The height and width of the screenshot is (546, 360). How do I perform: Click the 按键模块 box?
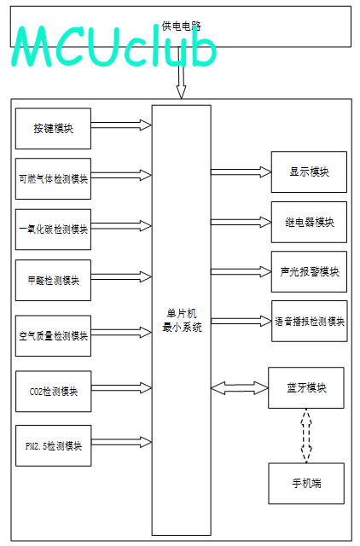click(53, 129)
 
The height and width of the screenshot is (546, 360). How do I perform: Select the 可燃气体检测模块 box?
click(53, 178)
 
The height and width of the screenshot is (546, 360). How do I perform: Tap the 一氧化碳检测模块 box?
click(53, 229)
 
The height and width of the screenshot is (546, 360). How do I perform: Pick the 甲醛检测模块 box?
click(53, 281)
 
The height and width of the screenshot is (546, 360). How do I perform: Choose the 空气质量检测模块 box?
click(53, 336)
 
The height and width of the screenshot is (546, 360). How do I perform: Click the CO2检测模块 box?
click(54, 392)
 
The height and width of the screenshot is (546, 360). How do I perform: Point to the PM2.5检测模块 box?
click(54, 445)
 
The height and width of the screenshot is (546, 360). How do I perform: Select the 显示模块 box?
click(309, 171)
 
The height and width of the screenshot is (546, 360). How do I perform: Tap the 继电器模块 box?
click(309, 222)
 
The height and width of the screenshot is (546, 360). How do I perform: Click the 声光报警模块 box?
click(309, 271)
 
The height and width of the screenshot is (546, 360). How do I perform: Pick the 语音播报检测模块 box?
click(310, 321)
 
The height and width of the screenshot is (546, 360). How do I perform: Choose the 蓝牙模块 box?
click(306, 387)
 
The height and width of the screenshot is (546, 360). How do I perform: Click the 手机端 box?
click(306, 484)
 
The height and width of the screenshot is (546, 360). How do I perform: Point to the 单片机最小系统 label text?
click(182, 321)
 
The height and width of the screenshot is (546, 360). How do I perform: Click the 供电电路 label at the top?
click(182, 26)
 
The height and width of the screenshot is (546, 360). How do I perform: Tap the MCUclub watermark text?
click(114, 46)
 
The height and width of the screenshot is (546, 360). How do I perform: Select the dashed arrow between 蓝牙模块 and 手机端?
click(306, 436)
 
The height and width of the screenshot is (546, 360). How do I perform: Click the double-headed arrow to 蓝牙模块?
click(240, 388)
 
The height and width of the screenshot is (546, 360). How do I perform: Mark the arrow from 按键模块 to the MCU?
click(121, 125)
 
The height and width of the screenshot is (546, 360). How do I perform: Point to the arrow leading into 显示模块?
click(241, 171)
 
